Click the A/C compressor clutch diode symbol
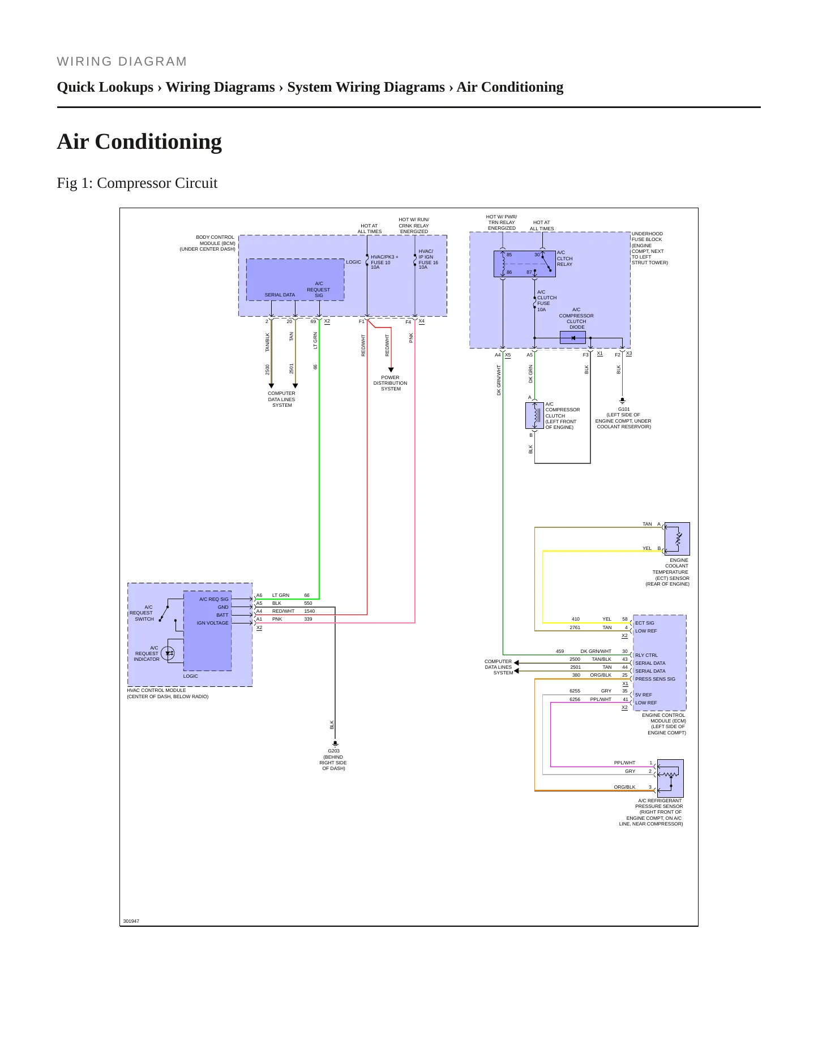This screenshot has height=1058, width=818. (x=573, y=338)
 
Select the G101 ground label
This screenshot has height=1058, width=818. (x=624, y=409)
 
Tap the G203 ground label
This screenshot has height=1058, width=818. (x=334, y=751)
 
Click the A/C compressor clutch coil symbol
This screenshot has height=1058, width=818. (x=534, y=416)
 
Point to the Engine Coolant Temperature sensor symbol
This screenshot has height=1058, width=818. (x=677, y=539)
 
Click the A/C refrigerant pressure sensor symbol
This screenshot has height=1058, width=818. (x=670, y=778)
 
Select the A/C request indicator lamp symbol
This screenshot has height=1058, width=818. (x=168, y=653)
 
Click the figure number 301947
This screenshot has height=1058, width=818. (x=131, y=921)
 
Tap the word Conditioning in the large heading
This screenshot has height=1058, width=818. (x=159, y=141)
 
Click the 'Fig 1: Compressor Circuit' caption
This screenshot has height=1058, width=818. (x=137, y=183)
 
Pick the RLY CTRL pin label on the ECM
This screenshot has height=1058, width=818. (x=646, y=655)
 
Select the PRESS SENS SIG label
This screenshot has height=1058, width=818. (x=655, y=679)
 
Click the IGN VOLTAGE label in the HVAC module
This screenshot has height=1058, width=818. (x=213, y=623)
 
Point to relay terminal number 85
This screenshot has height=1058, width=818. (x=509, y=255)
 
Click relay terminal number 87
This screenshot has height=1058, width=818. (x=529, y=272)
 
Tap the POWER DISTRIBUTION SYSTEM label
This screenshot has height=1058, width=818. (x=390, y=383)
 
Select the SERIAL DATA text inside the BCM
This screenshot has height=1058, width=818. (x=280, y=295)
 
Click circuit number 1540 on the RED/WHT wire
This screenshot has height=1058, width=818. (x=309, y=611)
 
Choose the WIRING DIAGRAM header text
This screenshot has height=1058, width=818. (x=122, y=62)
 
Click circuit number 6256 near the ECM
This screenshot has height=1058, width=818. (x=575, y=699)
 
